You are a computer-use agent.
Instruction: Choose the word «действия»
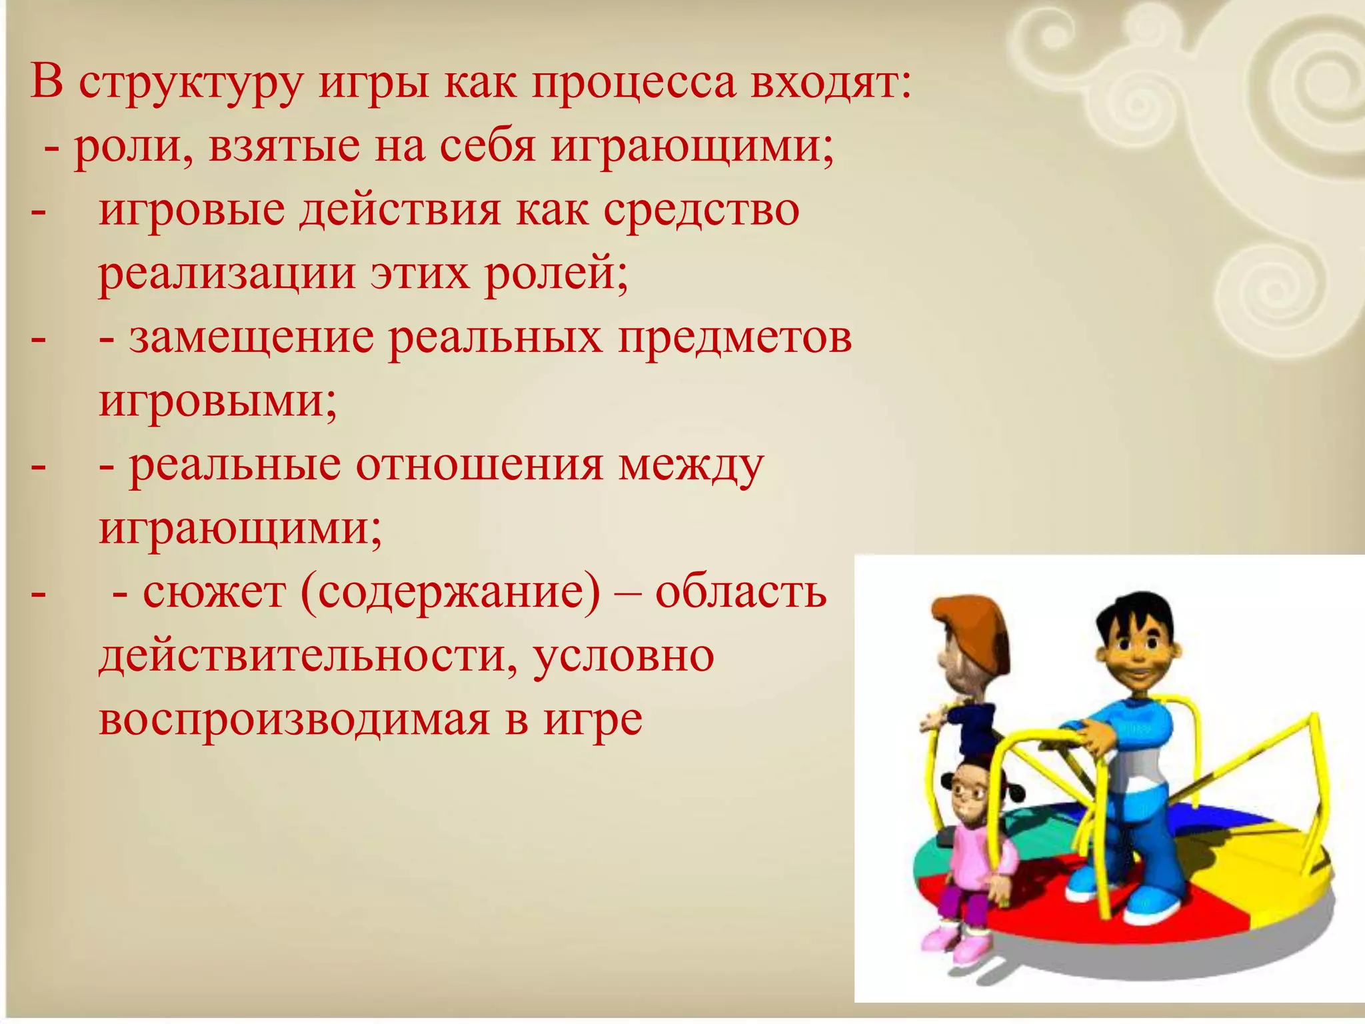point(400,211)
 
